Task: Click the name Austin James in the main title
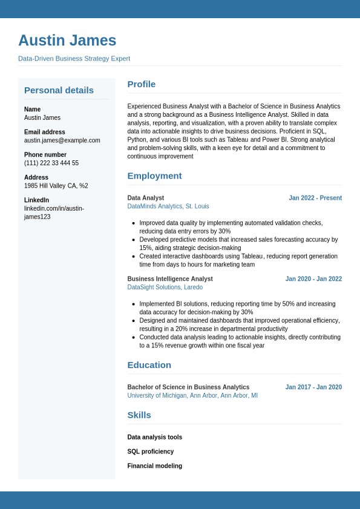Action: (67, 41)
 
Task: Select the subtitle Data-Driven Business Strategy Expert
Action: (74, 59)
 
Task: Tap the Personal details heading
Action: (59, 90)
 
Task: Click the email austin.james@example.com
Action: (62, 140)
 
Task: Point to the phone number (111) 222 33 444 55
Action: (51, 163)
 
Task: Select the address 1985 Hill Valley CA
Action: (56, 186)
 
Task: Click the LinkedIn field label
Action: (36, 200)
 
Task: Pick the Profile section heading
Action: (141, 84)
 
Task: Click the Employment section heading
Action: (154, 176)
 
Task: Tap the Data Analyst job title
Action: (145, 198)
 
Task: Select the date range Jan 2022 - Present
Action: (315, 198)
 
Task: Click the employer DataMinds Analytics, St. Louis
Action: (168, 206)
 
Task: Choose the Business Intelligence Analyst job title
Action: (170, 279)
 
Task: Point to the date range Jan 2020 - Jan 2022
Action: (313, 279)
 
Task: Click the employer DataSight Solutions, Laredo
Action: (165, 287)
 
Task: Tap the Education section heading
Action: (149, 365)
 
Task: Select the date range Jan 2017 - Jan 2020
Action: (313, 387)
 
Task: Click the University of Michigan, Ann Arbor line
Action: (192, 396)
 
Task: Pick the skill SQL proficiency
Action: (150, 452)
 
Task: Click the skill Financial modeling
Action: (154, 466)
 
